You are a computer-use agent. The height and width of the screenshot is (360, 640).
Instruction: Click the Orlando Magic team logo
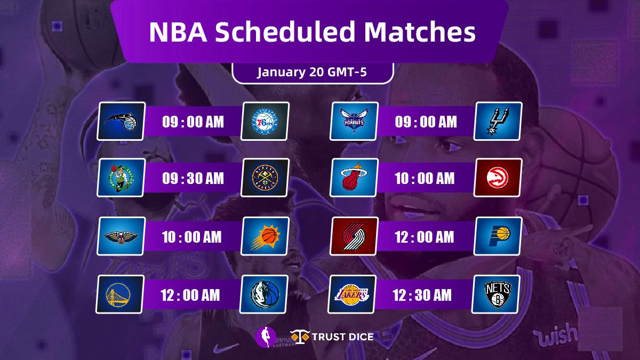121,122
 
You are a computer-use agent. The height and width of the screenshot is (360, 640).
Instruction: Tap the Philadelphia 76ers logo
265,122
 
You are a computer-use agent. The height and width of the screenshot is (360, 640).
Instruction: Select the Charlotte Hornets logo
354,122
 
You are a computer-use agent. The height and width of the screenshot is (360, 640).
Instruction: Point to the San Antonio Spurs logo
498,122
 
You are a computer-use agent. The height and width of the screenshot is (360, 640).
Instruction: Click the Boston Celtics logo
121,178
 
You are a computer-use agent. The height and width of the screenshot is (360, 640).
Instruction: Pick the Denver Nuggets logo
265,178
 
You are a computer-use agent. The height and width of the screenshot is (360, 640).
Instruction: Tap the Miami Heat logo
354,178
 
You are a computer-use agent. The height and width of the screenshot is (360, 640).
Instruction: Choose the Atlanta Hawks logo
498,178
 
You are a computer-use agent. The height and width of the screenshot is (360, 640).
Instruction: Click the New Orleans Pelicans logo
121,236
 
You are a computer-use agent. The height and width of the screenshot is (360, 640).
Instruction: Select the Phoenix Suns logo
265,236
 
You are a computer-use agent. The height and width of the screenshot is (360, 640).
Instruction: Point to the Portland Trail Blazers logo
354,236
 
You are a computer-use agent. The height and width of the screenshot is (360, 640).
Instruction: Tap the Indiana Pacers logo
498,236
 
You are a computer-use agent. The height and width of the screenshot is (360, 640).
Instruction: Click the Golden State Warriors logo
120,294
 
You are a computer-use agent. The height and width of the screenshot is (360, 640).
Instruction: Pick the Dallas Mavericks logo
264,294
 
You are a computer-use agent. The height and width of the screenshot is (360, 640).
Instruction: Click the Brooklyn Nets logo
496,294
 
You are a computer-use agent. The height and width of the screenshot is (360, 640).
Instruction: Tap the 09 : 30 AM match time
193,178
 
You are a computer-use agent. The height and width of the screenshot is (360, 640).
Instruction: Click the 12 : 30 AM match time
423,295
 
